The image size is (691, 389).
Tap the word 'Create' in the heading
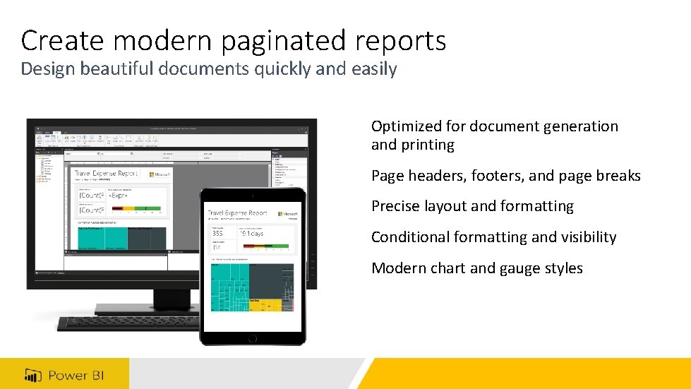click(57, 40)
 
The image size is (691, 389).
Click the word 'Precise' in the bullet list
click(396, 206)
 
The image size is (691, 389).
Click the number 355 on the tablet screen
click(217, 234)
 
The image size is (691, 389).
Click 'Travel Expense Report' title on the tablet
click(237, 213)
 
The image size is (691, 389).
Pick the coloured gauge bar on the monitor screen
click(137, 209)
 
